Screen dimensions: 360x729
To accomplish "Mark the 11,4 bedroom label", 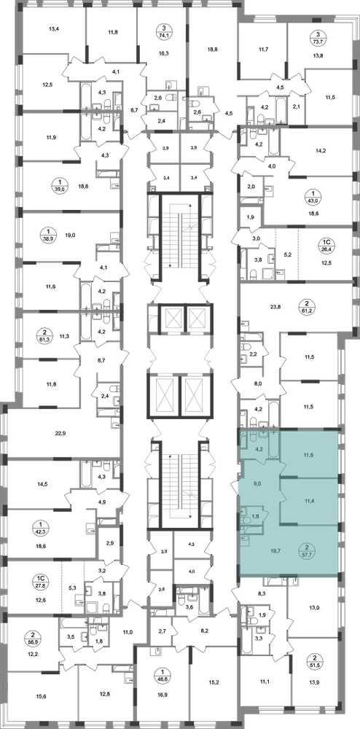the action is coord(310,502).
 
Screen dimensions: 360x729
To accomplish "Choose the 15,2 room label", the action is coord(214,684).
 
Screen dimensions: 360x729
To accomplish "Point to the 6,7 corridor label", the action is coord(135,110).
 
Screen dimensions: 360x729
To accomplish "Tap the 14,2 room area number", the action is coord(321,150).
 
